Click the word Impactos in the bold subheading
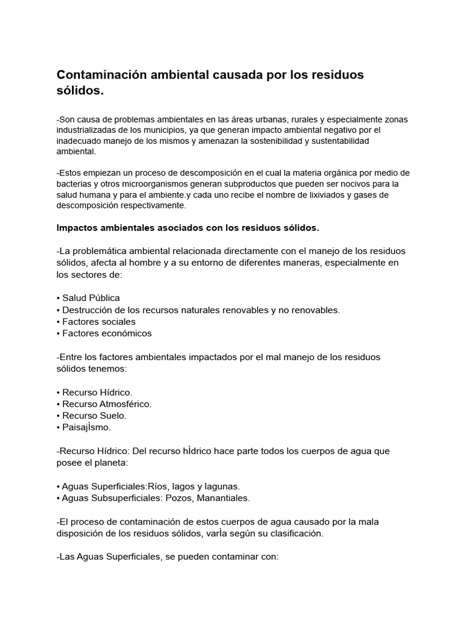[x=77, y=228]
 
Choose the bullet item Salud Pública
[x=91, y=298]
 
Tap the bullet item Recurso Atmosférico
[x=107, y=403]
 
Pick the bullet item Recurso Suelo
[x=94, y=415]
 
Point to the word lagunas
[x=222, y=486]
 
